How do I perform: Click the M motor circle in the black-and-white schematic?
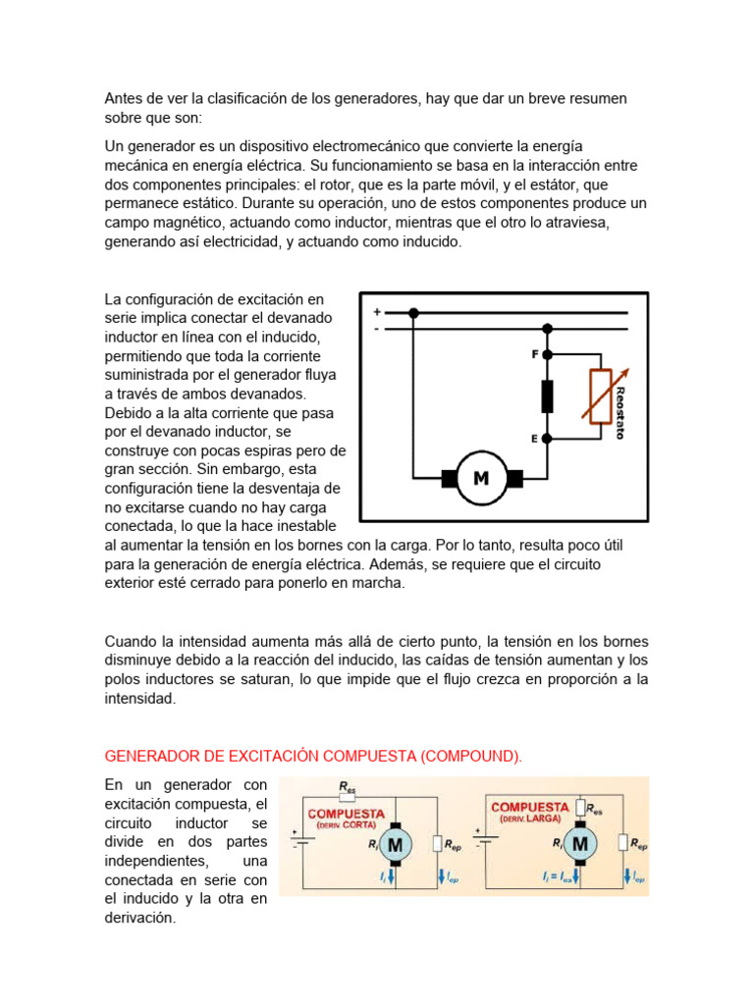481,479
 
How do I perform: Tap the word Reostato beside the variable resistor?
619,411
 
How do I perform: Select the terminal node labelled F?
548,354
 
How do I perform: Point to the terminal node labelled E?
548,439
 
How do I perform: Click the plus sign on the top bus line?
376,312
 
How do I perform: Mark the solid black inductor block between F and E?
548,397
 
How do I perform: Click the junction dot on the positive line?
413,313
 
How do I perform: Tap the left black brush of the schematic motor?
450,479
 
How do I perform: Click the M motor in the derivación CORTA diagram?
396,844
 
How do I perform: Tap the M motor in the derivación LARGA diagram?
580,843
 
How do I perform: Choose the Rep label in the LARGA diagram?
638,844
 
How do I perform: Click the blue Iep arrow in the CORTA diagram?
441,875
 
